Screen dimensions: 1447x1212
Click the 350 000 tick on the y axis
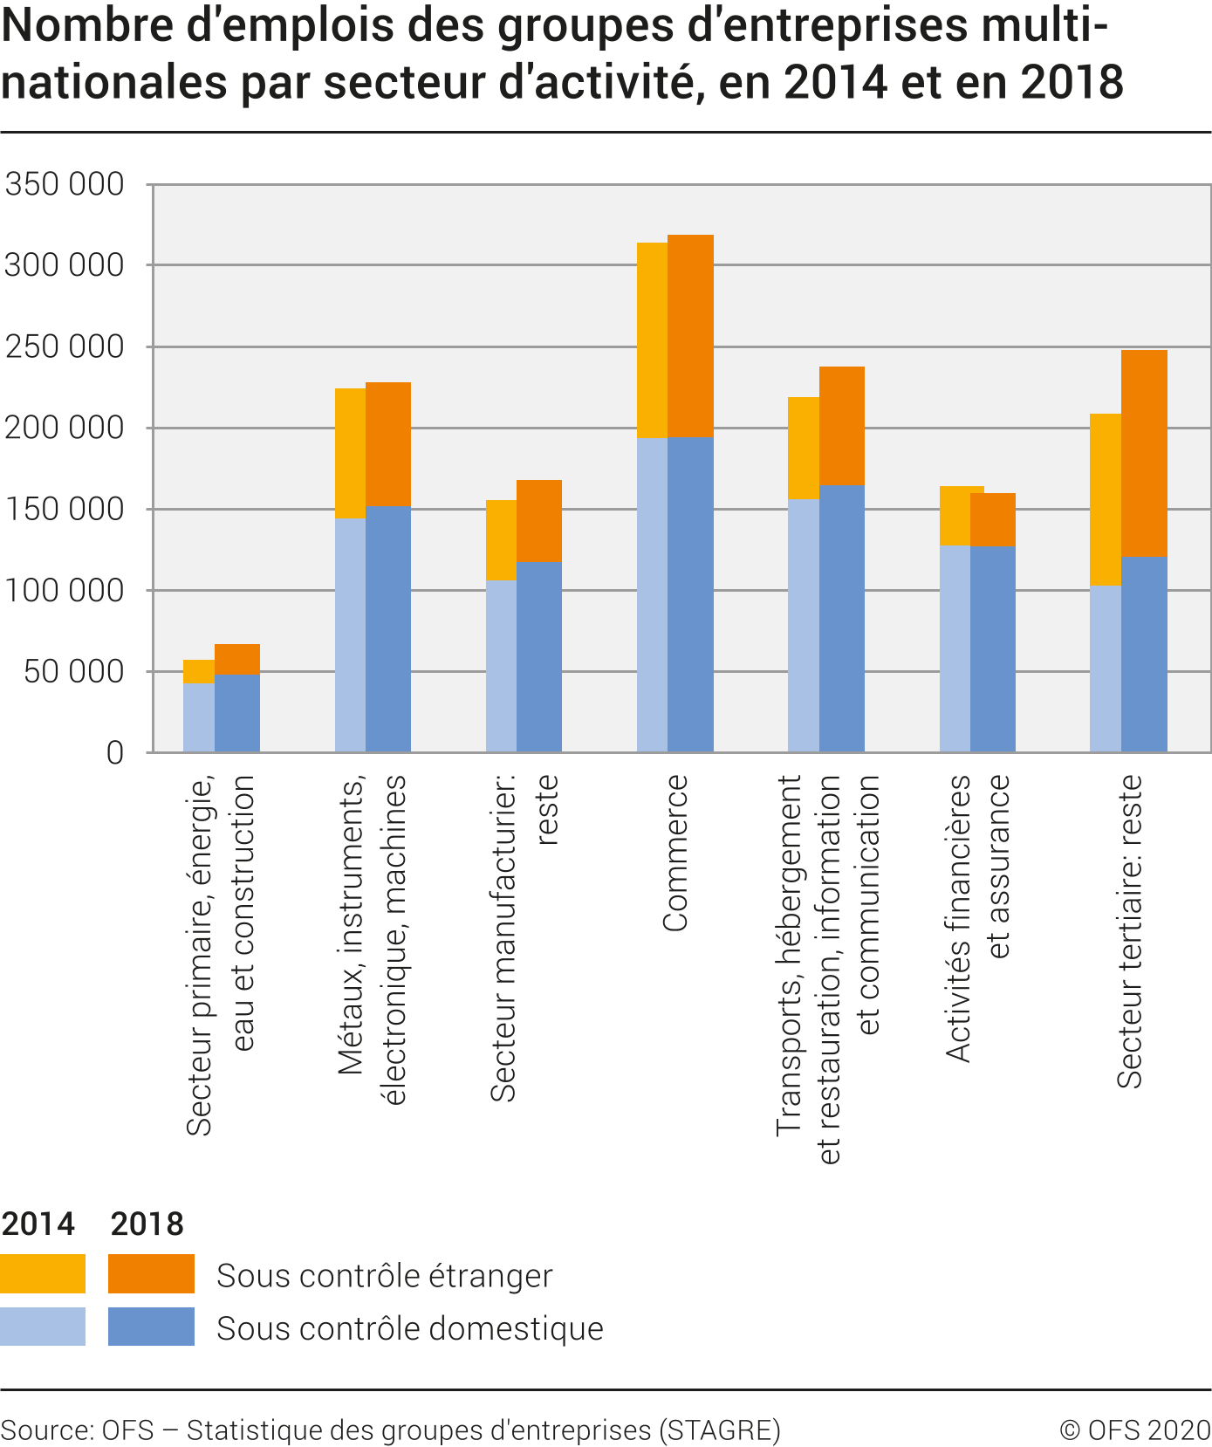point(65,184)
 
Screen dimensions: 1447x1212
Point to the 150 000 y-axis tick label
point(65,509)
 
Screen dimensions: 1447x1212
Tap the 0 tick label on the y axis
point(114,752)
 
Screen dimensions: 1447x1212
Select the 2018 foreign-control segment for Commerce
point(690,336)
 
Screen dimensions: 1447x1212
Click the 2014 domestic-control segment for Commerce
point(652,594)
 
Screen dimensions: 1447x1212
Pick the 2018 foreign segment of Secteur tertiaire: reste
point(1144,453)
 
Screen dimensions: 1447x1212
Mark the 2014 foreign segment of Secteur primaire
point(198,672)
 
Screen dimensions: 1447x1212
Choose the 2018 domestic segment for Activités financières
point(993,648)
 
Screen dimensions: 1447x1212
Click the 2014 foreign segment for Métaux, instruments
point(350,453)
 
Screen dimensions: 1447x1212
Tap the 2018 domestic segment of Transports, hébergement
point(842,618)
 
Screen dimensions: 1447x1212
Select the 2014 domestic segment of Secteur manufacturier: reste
point(501,666)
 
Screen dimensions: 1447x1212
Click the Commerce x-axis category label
point(675,854)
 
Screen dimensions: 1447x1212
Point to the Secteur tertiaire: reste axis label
point(1129,931)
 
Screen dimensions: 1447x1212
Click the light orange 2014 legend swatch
point(43,1273)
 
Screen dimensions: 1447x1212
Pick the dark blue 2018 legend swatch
point(151,1326)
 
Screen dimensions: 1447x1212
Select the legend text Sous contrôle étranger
point(384,1275)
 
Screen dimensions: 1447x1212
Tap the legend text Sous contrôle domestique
point(409,1328)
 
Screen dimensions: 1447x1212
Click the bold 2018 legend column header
point(147,1224)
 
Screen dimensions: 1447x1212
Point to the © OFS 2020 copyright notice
point(1134,1430)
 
